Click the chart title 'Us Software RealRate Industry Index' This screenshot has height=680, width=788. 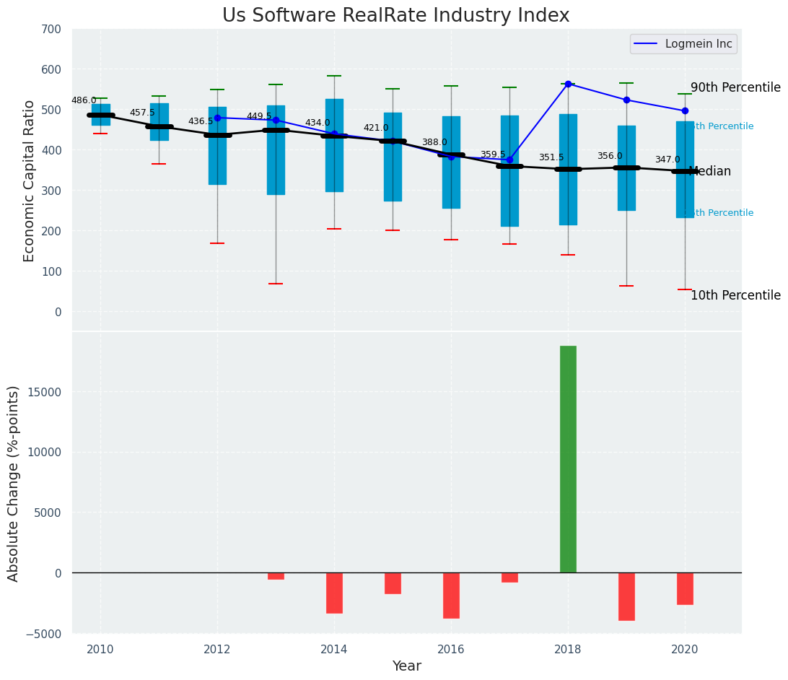point(395,16)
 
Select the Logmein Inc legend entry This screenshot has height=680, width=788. point(683,44)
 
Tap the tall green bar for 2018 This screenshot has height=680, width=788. point(568,459)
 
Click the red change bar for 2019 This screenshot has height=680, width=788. point(626,596)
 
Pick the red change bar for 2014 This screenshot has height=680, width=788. point(334,593)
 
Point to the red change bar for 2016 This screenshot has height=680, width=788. point(451,596)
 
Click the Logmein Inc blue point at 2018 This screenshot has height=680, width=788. point(568,84)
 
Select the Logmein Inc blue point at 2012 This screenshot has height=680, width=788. point(217,118)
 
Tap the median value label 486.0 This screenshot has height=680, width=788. point(84,100)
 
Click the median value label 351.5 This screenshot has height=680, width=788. point(551,157)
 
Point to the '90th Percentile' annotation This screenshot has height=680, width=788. point(735,88)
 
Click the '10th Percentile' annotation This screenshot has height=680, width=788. point(735,296)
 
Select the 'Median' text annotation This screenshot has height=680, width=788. point(710,172)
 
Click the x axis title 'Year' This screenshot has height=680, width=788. point(406,666)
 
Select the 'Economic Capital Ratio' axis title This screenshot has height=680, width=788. point(30,180)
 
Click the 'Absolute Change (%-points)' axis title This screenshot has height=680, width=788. point(14,483)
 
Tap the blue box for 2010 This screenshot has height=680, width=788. point(101,115)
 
